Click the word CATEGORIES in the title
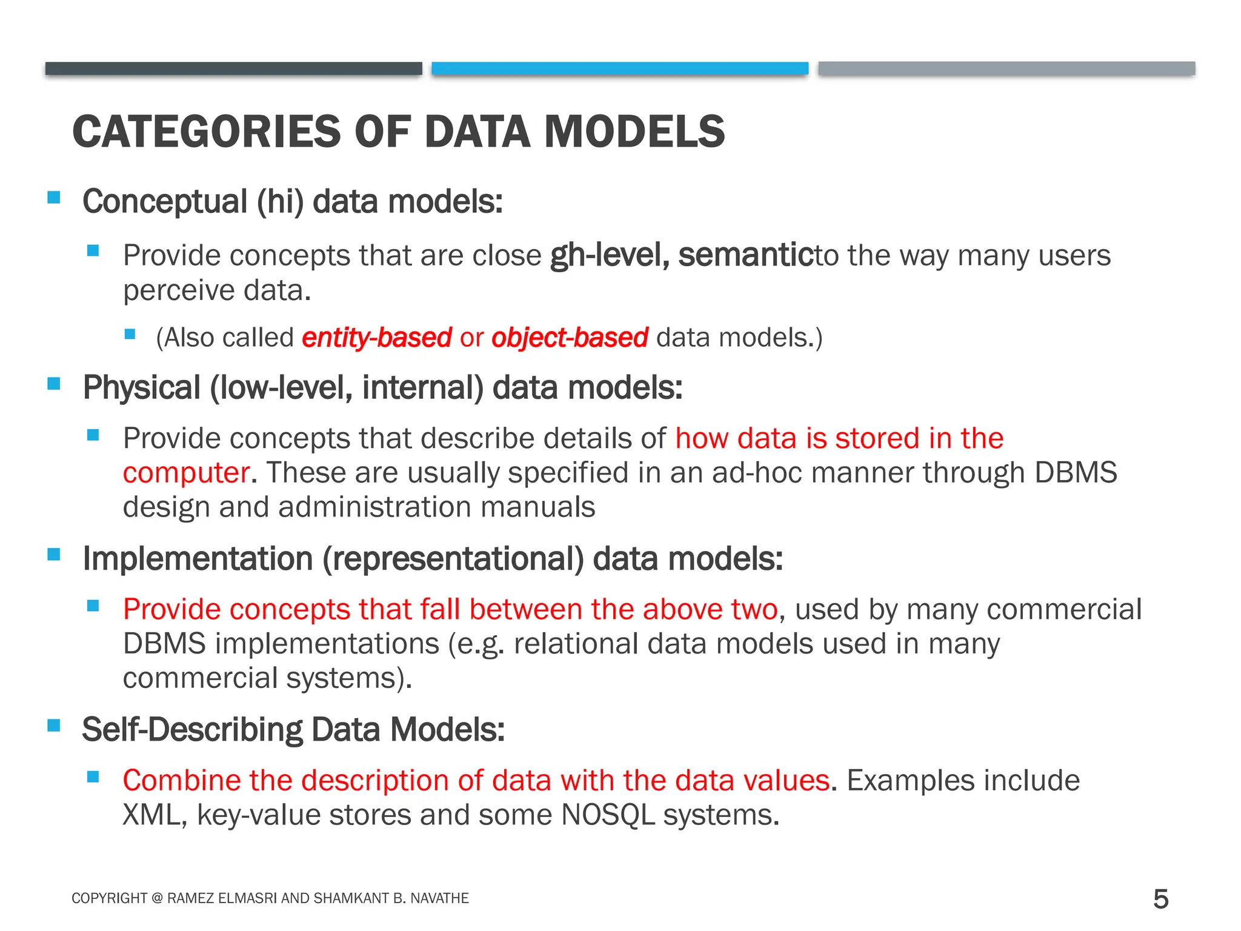coord(207,132)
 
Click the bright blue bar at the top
coord(619,68)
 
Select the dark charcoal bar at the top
coord(233,68)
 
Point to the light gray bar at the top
coord(1006,68)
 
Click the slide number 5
coord(1160,899)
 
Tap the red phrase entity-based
coord(376,338)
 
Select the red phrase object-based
coord(570,338)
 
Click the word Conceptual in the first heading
coord(164,202)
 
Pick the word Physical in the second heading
coord(141,388)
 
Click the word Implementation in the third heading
coord(198,559)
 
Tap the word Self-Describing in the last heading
coord(192,730)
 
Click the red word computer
coord(186,473)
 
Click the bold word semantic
coord(746,255)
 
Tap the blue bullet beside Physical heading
coord(54,384)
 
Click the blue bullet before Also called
coord(130,334)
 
